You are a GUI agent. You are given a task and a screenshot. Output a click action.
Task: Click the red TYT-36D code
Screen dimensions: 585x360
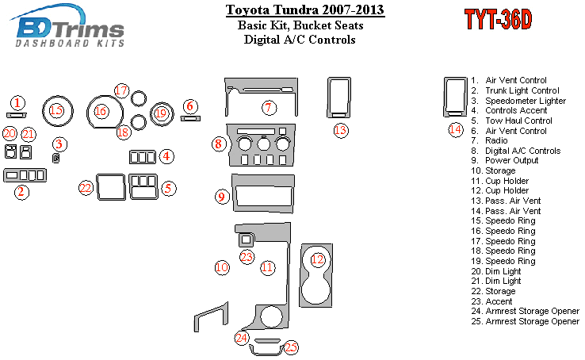coord(498,19)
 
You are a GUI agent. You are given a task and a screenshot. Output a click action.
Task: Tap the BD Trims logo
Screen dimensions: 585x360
coord(67,25)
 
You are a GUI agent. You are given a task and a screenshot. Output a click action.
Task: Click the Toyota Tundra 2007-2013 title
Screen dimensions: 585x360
coord(305,10)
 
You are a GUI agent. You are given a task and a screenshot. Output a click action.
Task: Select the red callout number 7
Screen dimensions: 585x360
coord(269,108)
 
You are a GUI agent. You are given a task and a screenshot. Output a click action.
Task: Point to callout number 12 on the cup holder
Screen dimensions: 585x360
coord(318,259)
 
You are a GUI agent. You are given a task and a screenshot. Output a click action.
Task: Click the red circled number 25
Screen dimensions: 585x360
coord(291,347)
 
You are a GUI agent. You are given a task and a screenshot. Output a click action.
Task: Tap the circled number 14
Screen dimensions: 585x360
coord(456,130)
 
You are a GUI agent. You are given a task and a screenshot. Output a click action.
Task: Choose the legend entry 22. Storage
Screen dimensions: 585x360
coord(493,291)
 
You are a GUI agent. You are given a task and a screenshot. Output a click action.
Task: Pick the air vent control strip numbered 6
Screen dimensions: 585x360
coord(190,119)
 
